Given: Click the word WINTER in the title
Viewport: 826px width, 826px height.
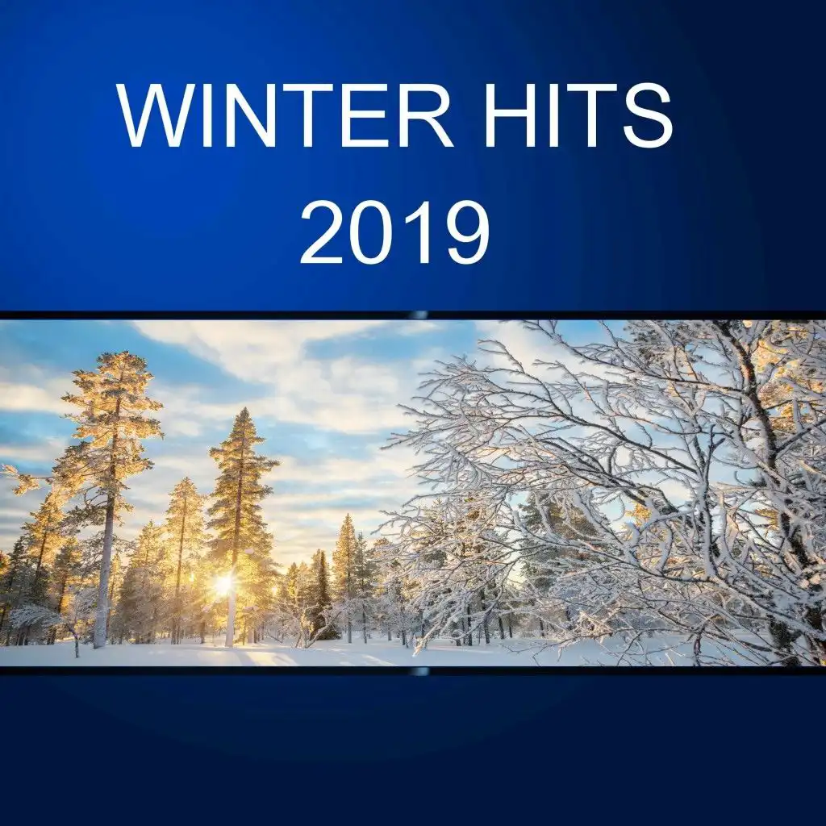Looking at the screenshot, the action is (x=285, y=115).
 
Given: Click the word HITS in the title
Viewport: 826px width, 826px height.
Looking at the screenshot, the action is (x=579, y=115).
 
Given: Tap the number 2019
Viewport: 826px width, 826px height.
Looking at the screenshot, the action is (x=395, y=232).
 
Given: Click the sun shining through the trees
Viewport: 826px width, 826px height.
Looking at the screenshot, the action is (x=224, y=584).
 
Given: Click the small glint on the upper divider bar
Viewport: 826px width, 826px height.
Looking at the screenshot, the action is (x=419, y=315).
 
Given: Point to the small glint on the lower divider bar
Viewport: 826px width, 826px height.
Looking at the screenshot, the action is (x=419, y=671).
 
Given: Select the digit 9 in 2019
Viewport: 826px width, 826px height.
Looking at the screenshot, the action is (x=468, y=232).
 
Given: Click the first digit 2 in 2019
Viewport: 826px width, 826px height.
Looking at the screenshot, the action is (x=321, y=232).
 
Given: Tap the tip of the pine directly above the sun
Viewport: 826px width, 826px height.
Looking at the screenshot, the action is (x=243, y=409).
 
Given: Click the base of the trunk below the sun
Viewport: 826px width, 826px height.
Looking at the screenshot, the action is (x=229, y=644).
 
